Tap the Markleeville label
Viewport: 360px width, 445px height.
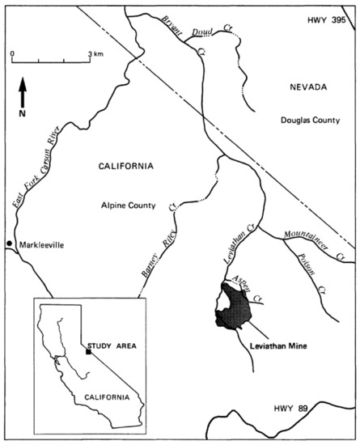pos(40,244)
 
